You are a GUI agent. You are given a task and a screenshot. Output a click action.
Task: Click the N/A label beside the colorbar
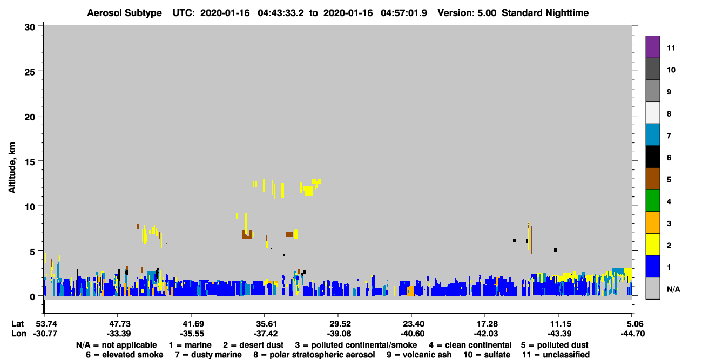point(673,289)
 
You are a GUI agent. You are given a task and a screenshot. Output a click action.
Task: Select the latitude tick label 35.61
point(266,324)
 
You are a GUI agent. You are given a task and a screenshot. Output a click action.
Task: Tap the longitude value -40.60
point(413,334)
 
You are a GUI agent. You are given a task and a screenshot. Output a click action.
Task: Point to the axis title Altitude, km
point(12,167)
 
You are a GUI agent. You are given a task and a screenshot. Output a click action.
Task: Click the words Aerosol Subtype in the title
point(124,13)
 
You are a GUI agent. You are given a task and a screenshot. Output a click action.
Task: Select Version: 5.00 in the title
point(467,13)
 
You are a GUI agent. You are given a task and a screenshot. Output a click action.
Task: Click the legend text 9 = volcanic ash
point(419,355)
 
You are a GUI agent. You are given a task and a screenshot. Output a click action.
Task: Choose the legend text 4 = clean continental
point(470,345)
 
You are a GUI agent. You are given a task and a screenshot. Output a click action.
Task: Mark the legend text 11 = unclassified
point(556,355)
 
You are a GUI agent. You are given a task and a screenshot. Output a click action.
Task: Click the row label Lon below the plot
point(19,334)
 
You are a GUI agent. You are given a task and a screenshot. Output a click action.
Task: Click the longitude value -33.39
point(119,334)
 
